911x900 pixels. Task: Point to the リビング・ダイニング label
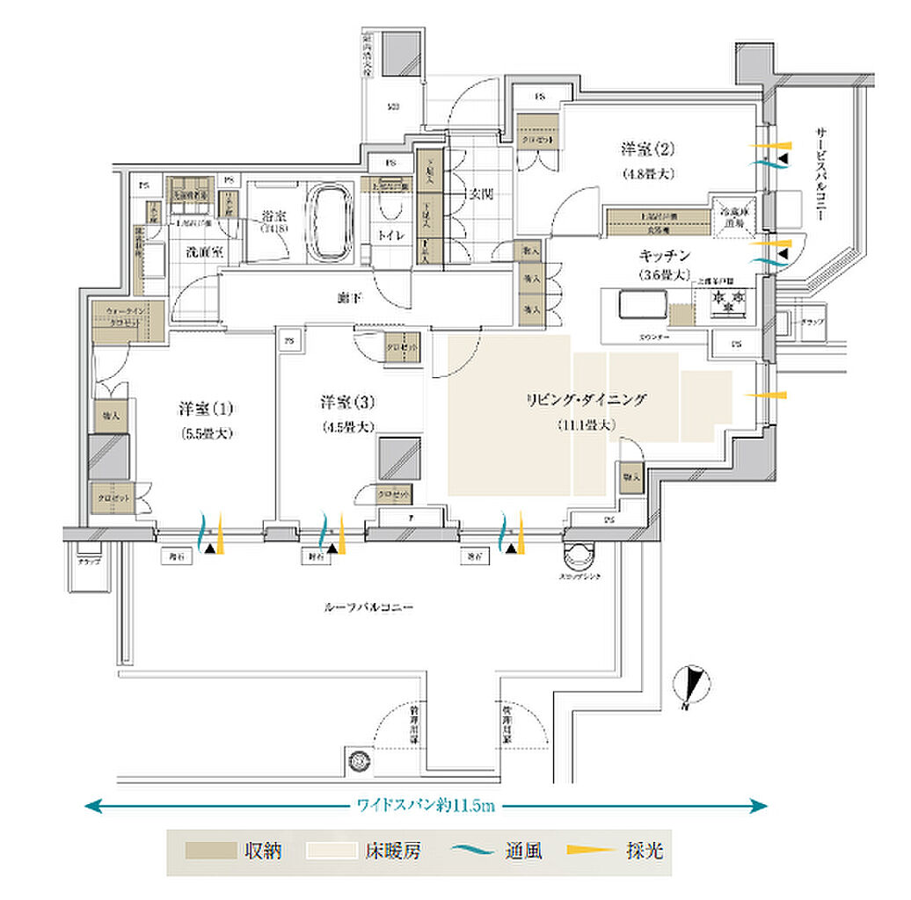pyautogui.click(x=586, y=400)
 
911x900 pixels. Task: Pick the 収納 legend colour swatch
pyautogui.click(x=211, y=851)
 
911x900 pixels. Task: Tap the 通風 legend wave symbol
pyautogui.click(x=474, y=851)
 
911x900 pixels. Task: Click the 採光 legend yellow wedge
pyautogui.click(x=592, y=851)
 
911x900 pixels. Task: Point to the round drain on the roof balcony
pyautogui.click(x=357, y=759)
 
